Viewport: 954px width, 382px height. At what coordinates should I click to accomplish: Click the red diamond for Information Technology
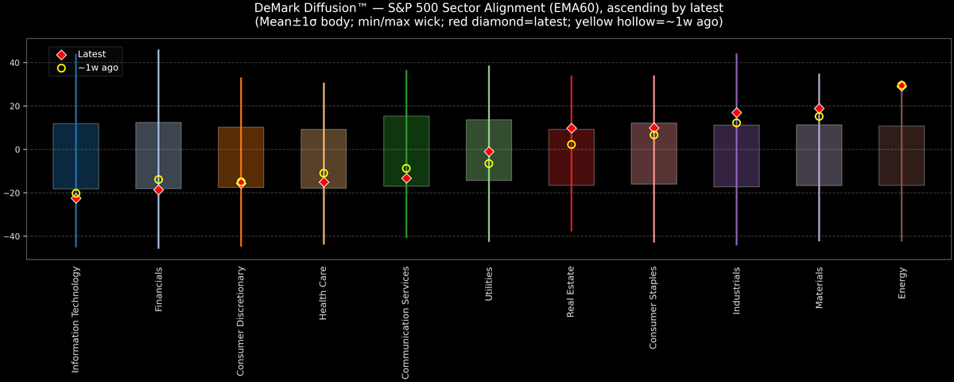point(76,198)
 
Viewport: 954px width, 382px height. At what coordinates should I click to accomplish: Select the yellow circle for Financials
point(158,180)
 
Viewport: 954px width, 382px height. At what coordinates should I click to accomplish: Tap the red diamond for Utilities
point(489,151)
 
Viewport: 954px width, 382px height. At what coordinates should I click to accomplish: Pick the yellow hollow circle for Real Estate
point(572,145)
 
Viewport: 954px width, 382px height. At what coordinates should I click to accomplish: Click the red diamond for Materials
point(819,108)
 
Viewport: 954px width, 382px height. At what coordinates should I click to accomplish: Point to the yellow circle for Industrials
point(737,123)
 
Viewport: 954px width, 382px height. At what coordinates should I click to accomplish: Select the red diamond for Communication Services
point(406,178)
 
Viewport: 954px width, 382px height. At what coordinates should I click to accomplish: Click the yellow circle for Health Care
point(324,173)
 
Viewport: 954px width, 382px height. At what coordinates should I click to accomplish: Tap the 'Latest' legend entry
point(91,54)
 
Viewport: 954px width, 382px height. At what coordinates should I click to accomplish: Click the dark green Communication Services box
point(406,151)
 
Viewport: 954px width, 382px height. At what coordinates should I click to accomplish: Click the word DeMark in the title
point(281,7)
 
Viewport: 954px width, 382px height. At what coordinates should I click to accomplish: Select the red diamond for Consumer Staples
point(654,128)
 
